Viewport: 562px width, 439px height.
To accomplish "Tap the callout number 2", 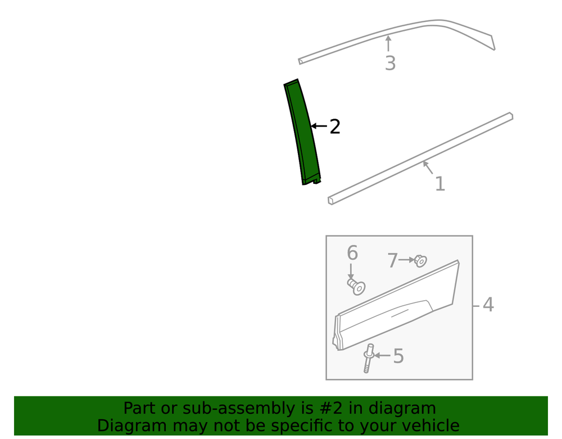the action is click(335, 127).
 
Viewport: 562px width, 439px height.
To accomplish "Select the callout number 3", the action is click(391, 63).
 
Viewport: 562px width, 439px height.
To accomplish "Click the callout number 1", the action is click(440, 184).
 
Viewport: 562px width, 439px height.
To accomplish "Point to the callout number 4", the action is click(488, 305).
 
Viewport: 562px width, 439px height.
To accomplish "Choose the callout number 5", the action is click(398, 356).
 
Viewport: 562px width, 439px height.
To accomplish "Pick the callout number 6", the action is click(352, 253).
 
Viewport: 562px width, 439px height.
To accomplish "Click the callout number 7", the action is click(393, 260).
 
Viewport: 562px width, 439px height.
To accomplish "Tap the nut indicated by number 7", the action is click(420, 260).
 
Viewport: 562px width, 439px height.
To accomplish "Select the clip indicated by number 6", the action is click(356, 287).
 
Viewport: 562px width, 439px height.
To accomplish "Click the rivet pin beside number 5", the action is click(368, 359).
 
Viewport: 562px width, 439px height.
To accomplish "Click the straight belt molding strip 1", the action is click(420, 159).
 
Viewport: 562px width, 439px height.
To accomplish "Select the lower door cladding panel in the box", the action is click(396, 306).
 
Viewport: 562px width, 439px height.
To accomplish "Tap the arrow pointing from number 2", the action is click(319, 126).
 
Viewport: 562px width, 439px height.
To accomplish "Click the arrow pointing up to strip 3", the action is click(388, 43).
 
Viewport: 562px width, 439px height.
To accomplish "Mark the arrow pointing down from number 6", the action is click(351, 271).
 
